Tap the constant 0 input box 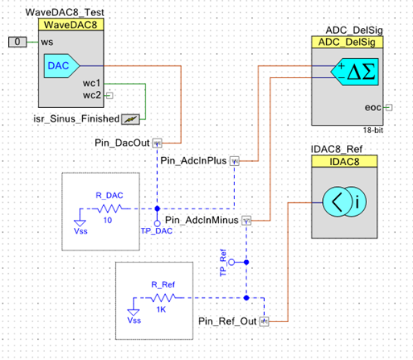pos(18,40)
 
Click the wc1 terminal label pos(90,84)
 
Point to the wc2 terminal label pos(90,96)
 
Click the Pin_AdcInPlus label pos(194,160)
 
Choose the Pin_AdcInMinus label pos(203,219)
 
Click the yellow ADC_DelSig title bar pos(353,43)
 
